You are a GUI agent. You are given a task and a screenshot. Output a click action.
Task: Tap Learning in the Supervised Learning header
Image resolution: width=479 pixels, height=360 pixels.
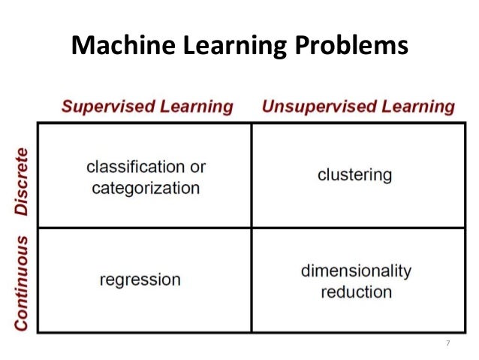pos(197,106)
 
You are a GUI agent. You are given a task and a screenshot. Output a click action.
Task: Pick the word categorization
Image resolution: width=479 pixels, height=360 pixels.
pos(146,187)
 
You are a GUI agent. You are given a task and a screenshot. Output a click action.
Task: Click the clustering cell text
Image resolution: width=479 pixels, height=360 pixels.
pos(354,175)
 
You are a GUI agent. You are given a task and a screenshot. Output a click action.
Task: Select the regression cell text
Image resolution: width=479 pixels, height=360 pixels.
pos(140,280)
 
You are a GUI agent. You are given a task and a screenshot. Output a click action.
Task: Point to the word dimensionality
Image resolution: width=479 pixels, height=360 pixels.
pos(356,270)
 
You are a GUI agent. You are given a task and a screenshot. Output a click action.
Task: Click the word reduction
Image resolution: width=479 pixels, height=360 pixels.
pos(356,291)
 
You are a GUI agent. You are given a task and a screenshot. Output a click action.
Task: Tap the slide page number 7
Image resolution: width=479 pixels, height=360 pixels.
pos(447,343)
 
